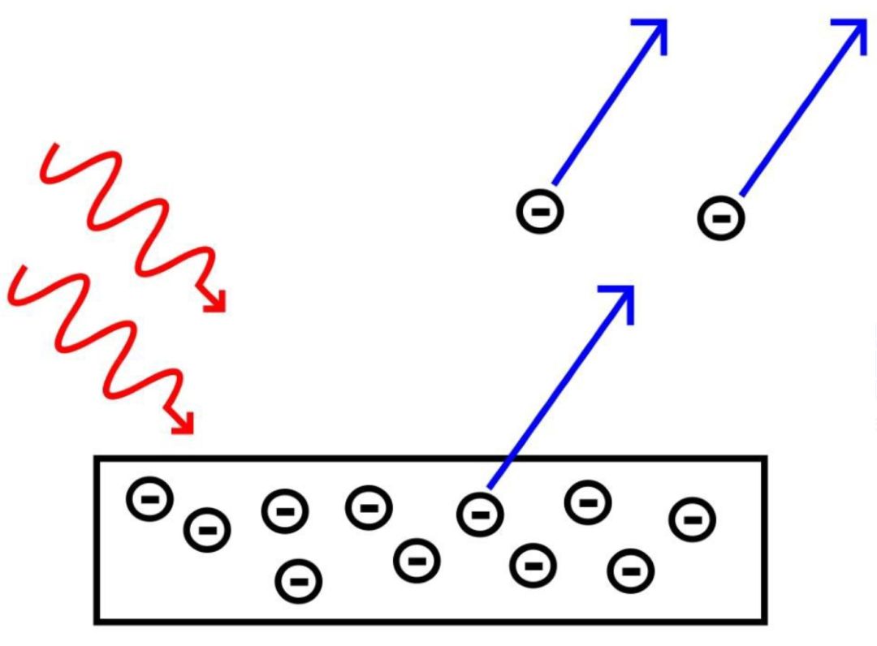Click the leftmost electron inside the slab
[149, 499]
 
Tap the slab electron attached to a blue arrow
[480, 513]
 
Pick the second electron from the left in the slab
[208, 530]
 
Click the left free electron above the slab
[540, 212]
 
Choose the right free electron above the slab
[721, 218]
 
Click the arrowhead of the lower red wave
[187, 427]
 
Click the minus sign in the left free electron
[540, 212]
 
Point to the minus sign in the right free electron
[721, 218]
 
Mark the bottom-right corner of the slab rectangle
[764, 621]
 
